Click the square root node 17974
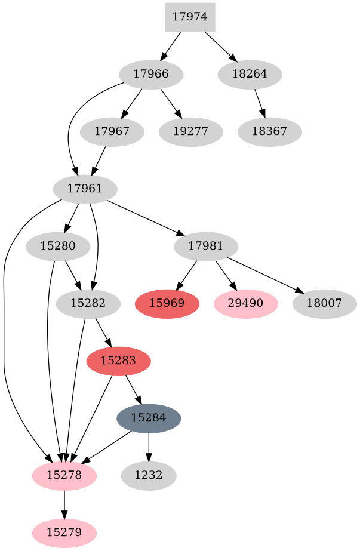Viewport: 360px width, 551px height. pyautogui.click(x=190, y=17)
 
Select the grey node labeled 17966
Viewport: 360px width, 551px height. pyautogui.click(x=151, y=75)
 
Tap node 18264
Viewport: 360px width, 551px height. pyautogui.click(x=250, y=75)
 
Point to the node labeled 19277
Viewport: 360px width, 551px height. pyautogui.click(x=191, y=131)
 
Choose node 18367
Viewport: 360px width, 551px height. pyautogui.click(x=269, y=131)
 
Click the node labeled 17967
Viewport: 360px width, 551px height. pyautogui.click(x=111, y=131)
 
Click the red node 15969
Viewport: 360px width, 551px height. pyautogui.click(x=167, y=303)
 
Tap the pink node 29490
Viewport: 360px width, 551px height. pyautogui.click(x=245, y=303)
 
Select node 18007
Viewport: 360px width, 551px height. pyautogui.click(x=325, y=303)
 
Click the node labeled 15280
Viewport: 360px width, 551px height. pyautogui.click(x=58, y=246)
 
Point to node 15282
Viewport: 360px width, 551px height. pyautogui.click(x=88, y=303)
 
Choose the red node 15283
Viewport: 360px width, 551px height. pyautogui.click(x=118, y=361)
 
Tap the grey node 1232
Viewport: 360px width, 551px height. pyautogui.click(x=149, y=476)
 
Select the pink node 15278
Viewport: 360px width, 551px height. pyautogui.click(x=64, y=476)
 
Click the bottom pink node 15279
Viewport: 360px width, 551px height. pyautogui.click(x=64, y=531)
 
